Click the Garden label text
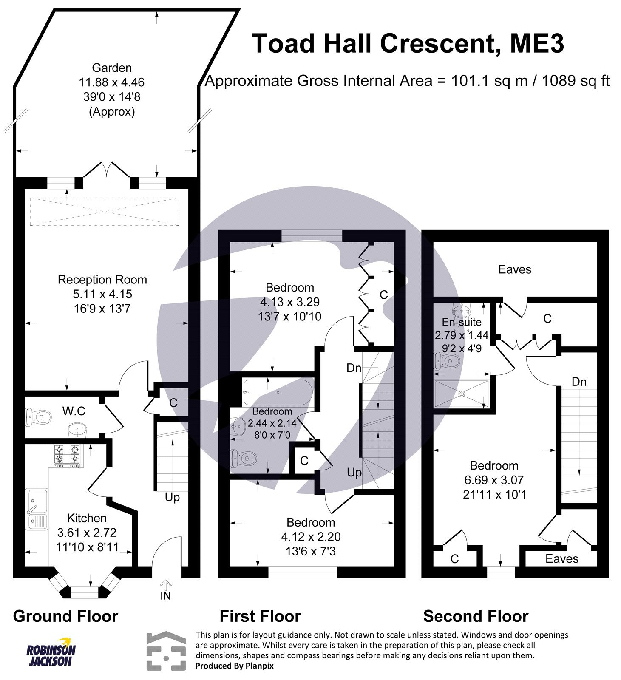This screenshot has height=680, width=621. coord(112,68)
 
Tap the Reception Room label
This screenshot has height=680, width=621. coord(102,280)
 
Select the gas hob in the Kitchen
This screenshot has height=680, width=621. coord(67,454)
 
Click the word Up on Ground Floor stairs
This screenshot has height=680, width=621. coord(172,497)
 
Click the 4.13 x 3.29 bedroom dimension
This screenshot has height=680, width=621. coord(289,302)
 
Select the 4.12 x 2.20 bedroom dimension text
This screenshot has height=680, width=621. coord(311,537)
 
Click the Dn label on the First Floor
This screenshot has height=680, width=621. coord(354,368)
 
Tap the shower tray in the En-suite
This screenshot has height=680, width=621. coord(462,394)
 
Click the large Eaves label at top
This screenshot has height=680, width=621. coord(515,269)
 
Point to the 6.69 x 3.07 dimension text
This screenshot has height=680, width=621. coord(494,480)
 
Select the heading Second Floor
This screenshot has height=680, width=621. coord(476,616)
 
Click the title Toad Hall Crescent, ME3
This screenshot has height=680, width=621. coord(408,43)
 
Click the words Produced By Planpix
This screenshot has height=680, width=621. coord(234,666)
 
